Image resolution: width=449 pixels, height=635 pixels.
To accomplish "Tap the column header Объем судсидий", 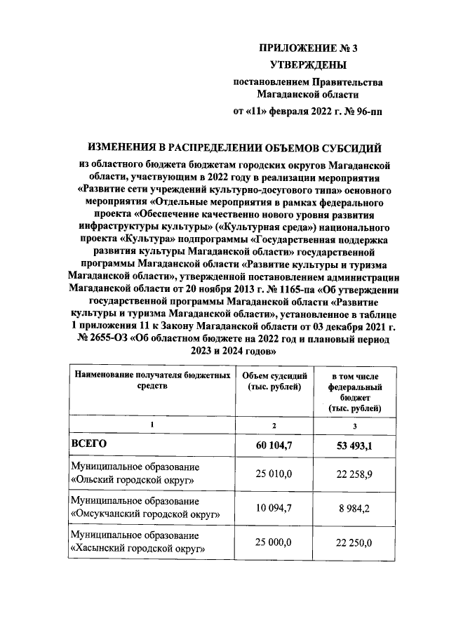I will click(273, 381).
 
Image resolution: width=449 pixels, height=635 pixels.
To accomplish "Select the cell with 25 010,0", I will click(273, 474).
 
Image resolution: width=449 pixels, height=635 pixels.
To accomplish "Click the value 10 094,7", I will click(273, 508).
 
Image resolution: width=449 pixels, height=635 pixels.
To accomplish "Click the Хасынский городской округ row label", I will click(138, 542).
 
